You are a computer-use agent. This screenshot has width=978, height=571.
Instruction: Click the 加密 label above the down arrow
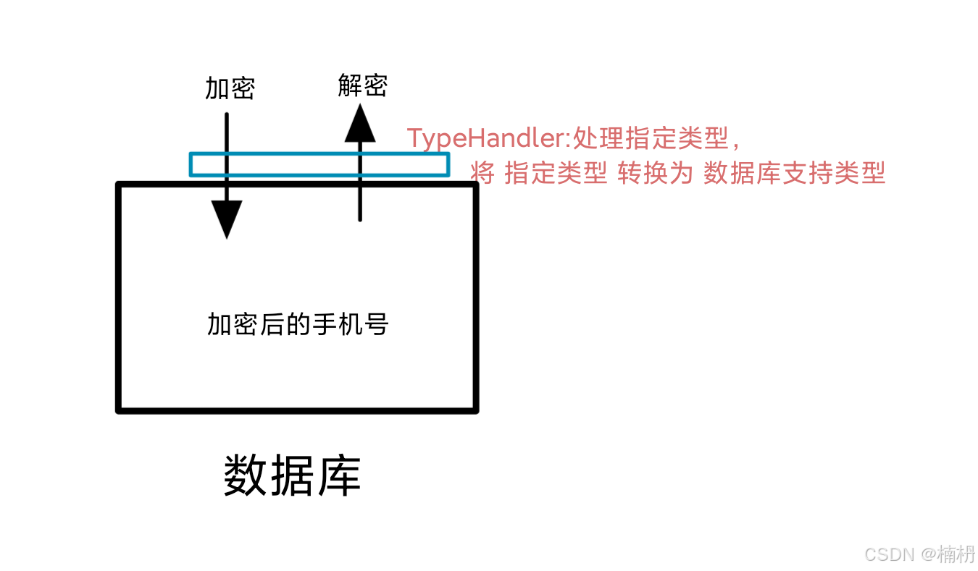coord(230,89)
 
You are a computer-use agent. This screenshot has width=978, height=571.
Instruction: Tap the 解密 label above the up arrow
coord(362,85)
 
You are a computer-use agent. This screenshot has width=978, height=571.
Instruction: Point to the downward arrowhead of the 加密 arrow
coord(227,219)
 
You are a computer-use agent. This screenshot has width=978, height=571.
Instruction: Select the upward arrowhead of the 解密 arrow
coord(359,123)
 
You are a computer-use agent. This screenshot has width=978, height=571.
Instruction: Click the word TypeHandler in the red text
coord(485,138)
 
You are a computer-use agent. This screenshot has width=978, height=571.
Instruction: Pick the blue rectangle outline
coord(319,154)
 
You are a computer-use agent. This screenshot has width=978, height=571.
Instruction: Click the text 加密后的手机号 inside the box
coord(298,324)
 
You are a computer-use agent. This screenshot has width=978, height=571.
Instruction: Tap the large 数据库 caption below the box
coord(292,476)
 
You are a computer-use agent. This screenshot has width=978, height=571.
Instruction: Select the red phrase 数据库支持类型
coord(795,173)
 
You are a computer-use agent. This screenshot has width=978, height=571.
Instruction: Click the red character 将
coord(482,173)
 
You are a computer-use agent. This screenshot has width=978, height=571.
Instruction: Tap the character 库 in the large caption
coord(338,476)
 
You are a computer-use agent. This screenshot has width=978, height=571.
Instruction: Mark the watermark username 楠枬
coord(956,554)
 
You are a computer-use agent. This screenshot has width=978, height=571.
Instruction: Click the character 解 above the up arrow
coord(350,85)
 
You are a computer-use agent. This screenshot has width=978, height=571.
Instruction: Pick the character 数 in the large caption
coord(246,476)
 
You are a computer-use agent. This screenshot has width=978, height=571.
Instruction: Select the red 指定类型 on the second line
coord(556,173)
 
